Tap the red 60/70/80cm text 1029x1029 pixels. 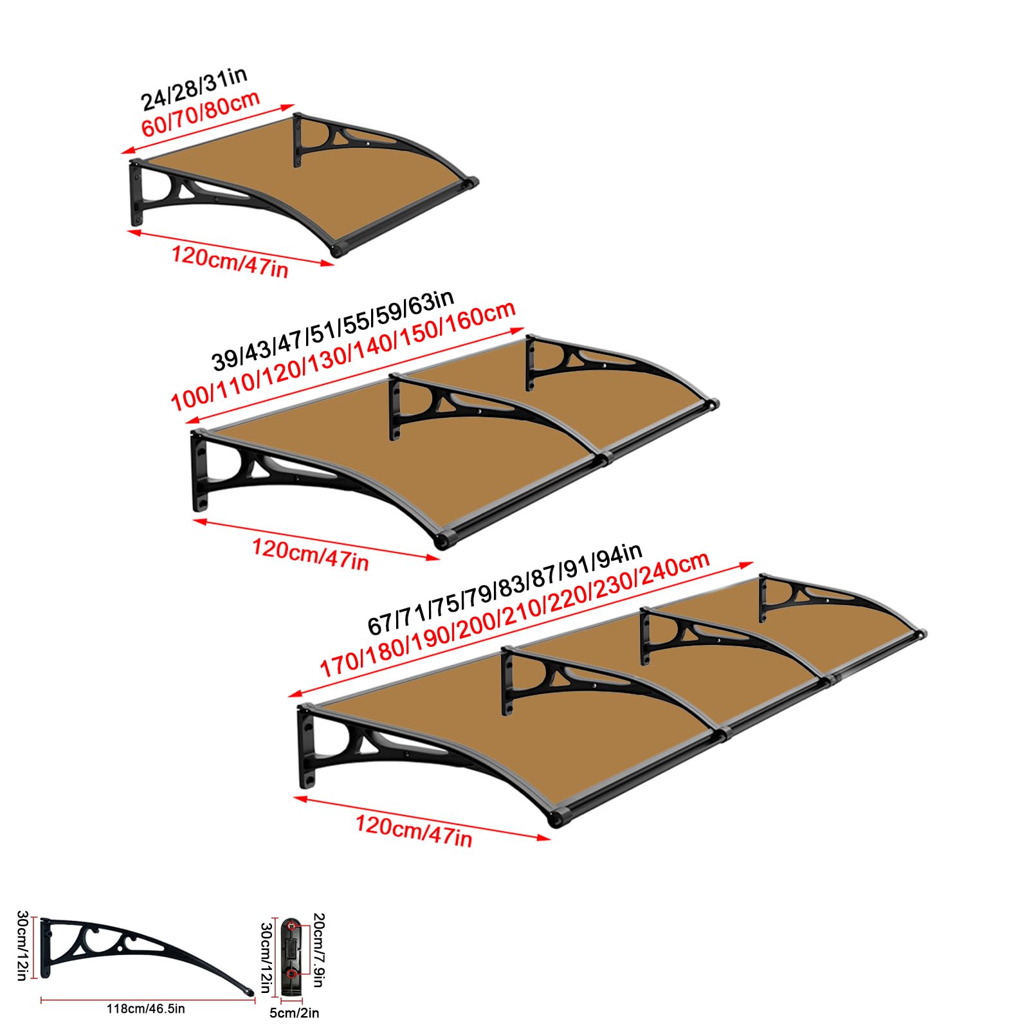[x=201, y=113]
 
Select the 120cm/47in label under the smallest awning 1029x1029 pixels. [x=230, y=261]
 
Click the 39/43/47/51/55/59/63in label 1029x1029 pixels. [x=333, y=330]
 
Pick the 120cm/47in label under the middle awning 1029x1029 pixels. [x=310, y=554]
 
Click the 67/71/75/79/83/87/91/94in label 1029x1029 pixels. [x=505, y=588]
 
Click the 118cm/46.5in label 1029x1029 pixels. [x=145, y=1008]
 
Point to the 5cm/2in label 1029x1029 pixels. [x=294, y=1013]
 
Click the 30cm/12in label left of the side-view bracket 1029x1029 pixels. [x=21, y=945]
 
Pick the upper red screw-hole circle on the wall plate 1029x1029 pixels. [x=293, y=927]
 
